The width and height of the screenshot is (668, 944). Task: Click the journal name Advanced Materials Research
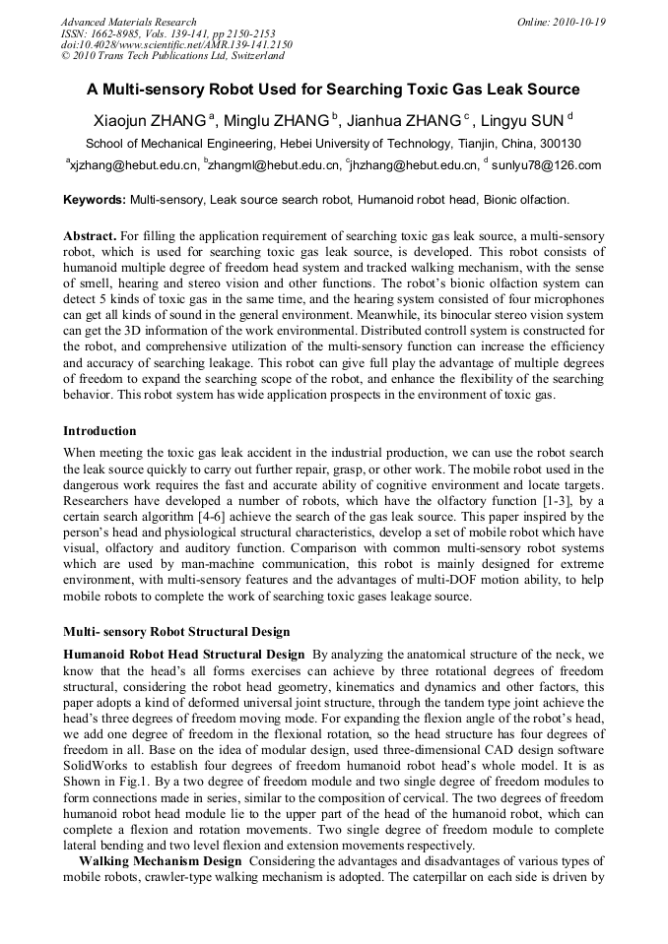[128, 22]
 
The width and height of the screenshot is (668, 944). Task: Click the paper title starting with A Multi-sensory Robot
[333, 90]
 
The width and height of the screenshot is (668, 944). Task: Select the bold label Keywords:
[95, 200]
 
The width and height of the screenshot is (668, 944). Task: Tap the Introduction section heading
[100, 431]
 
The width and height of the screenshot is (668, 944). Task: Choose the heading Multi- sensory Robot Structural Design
[176, 631]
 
